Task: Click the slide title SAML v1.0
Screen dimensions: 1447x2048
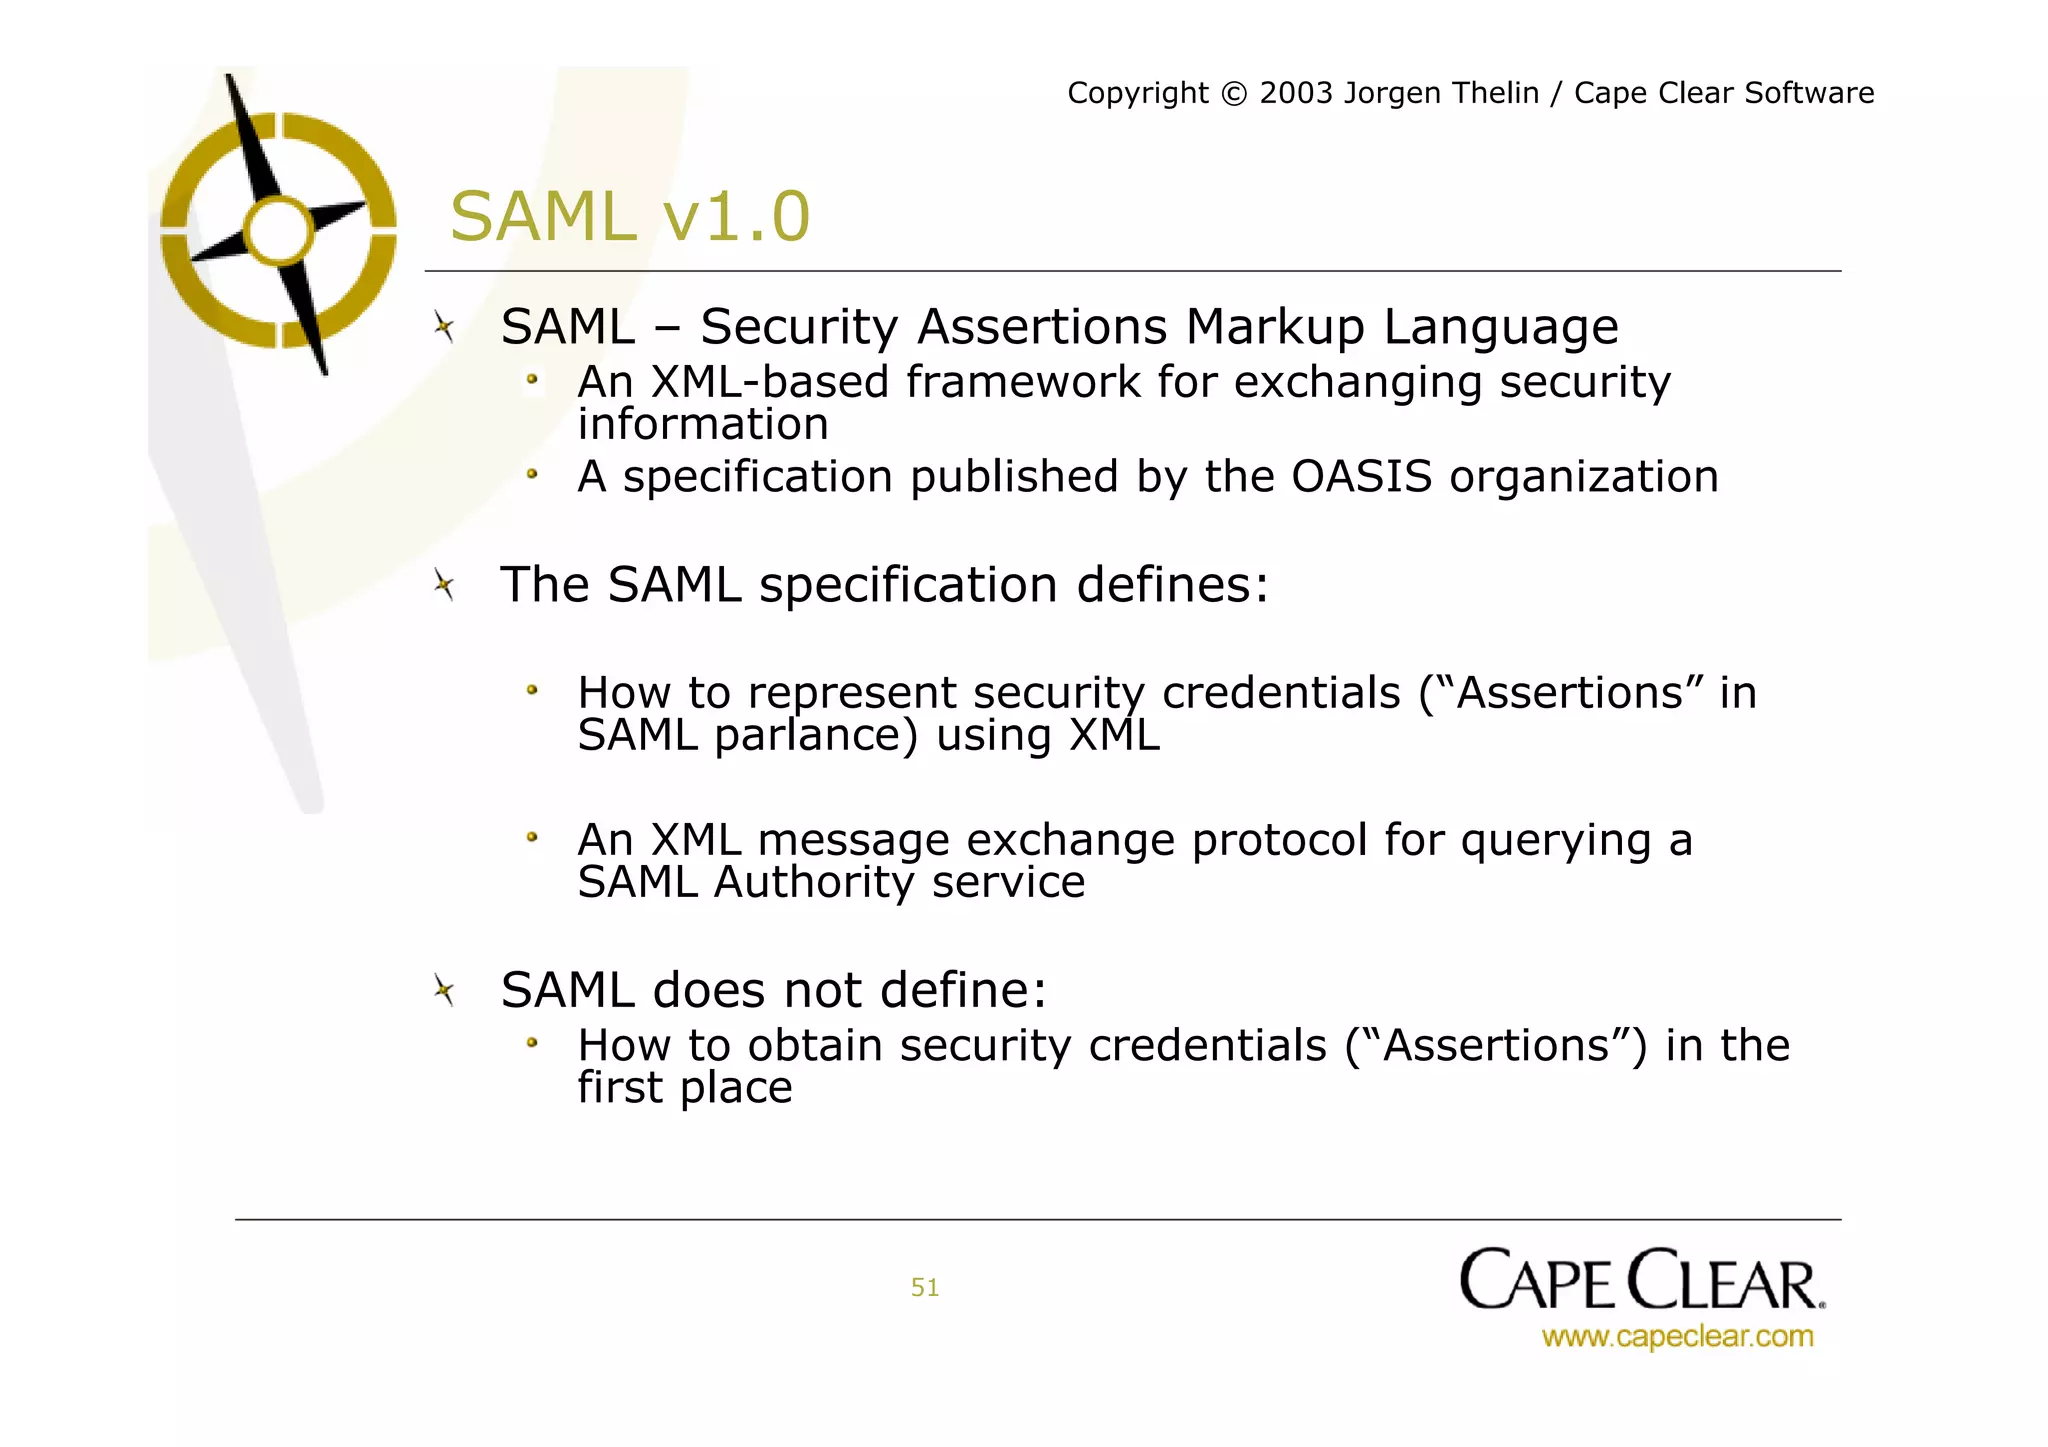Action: click(629, 217)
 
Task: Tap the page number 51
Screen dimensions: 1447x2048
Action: click(924, 1287)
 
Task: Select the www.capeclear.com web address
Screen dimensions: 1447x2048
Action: click(1677, 1337)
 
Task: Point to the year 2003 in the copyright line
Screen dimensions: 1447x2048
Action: click(1296, 93)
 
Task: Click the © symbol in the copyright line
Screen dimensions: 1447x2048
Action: click(1234, 94)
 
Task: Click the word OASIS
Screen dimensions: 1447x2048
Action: click(1361, 477)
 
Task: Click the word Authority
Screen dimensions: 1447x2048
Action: click(814, 883)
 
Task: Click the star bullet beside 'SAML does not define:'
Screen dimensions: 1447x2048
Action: click(444, 990)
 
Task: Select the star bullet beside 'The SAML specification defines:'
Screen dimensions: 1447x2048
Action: click(444, 584)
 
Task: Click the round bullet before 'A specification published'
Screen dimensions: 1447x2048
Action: click(533, 474)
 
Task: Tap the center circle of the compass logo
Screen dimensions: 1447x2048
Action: click(279, 231)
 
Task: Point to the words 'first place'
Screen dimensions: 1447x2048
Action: click(684, 1088)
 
